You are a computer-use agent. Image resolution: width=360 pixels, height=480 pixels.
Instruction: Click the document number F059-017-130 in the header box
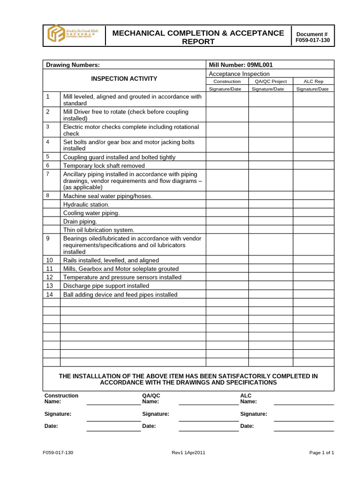[x=313, y=41]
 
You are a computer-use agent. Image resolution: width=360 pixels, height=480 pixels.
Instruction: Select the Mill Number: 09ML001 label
[x=240, y=65]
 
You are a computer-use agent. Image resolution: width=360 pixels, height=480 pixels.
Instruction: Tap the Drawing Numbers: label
[x=72, y=65]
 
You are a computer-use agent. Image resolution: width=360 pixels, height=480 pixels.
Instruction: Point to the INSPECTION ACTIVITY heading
[x=124, y=78]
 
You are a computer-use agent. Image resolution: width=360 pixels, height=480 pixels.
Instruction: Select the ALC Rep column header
[x=313, y=81]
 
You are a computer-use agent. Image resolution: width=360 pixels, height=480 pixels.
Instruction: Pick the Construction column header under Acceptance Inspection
[x=227, y=81]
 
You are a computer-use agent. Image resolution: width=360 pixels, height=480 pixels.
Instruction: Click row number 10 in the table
[x=50, y=260]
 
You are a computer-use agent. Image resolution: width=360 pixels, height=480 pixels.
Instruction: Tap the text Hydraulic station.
[x=86, y=204]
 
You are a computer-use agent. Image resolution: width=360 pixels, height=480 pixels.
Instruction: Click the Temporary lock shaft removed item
[x=104, y=165]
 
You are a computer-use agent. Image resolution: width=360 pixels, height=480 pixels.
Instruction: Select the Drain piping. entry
[x=80, y=221]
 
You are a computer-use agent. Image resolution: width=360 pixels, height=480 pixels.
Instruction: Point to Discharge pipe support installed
[x=106, y=285]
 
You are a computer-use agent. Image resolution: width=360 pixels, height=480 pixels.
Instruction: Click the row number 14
[x=50, y=294]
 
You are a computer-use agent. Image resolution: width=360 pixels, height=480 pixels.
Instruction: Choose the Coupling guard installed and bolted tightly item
[x=119, y=157]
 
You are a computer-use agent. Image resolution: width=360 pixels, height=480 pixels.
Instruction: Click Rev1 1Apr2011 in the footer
[x=188, y=452]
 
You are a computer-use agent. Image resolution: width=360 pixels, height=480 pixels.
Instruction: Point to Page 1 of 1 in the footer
[x=322, y=452]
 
